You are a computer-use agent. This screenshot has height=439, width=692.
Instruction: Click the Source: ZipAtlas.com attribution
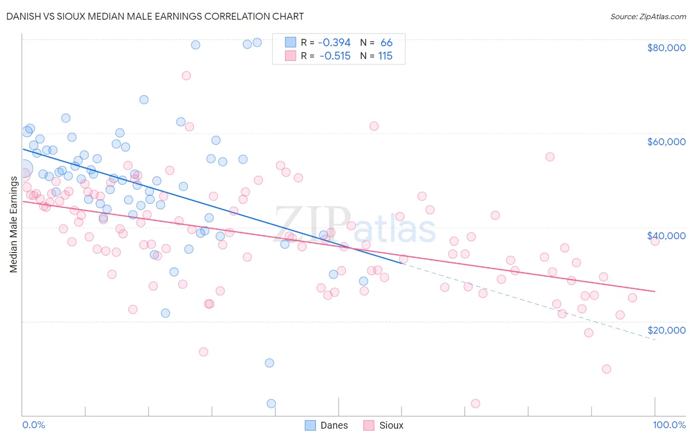pos(648,16)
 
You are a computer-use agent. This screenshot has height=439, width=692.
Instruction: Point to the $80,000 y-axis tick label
pos(666,48)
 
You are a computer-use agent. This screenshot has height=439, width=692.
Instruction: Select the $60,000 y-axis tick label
pos(666,142)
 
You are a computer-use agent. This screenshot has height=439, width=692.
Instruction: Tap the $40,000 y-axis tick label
pos(666,236)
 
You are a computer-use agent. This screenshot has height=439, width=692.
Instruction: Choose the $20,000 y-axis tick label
pos(666,330)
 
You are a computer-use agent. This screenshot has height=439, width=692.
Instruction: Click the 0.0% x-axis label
pos(33,425)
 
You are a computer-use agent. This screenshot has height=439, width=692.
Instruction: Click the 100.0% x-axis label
pos(669,425)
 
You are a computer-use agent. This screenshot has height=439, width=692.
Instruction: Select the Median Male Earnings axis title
pos(13,224)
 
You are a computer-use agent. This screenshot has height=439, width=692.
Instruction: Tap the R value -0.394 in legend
pos(334,43)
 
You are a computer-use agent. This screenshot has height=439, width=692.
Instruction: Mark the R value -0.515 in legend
pos(335,56)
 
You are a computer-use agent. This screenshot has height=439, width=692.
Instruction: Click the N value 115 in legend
pos(385,56)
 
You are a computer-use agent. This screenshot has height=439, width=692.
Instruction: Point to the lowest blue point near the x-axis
pos(271,404)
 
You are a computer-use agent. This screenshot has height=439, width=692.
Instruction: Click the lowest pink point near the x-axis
pos(475,404)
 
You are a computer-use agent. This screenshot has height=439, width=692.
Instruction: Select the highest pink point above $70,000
pos(186,76)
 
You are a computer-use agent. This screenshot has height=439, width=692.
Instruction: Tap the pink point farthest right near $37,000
pos(655,241)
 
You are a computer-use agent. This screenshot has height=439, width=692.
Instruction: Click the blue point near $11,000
pos(269,363)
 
